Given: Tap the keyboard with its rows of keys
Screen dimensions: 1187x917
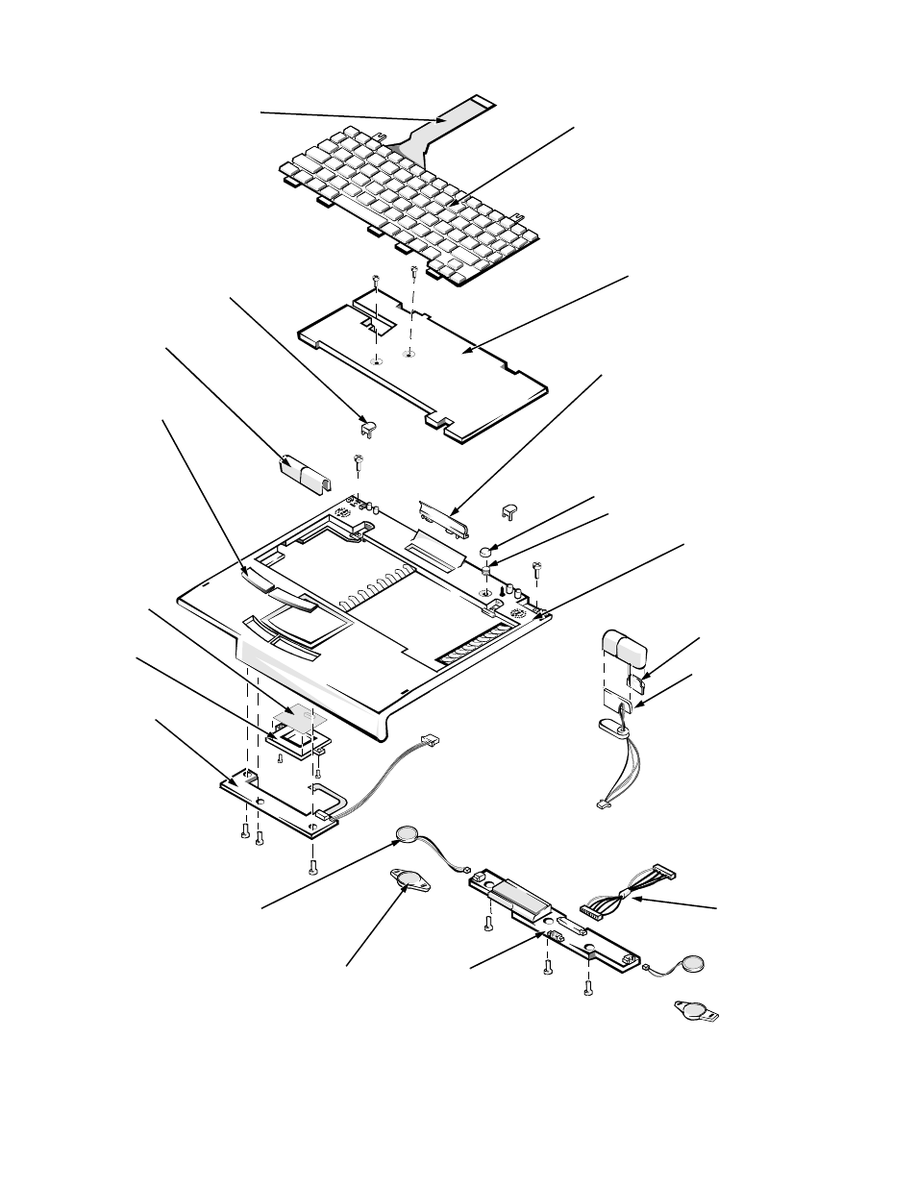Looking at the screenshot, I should pyautogui.click(x=404, y=207).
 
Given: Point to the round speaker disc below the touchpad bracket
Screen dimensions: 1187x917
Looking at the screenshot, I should pyautogui.click(x=409, y=833).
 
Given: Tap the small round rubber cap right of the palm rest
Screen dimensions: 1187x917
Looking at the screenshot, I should pyautogui.click(x=487, y=552).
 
